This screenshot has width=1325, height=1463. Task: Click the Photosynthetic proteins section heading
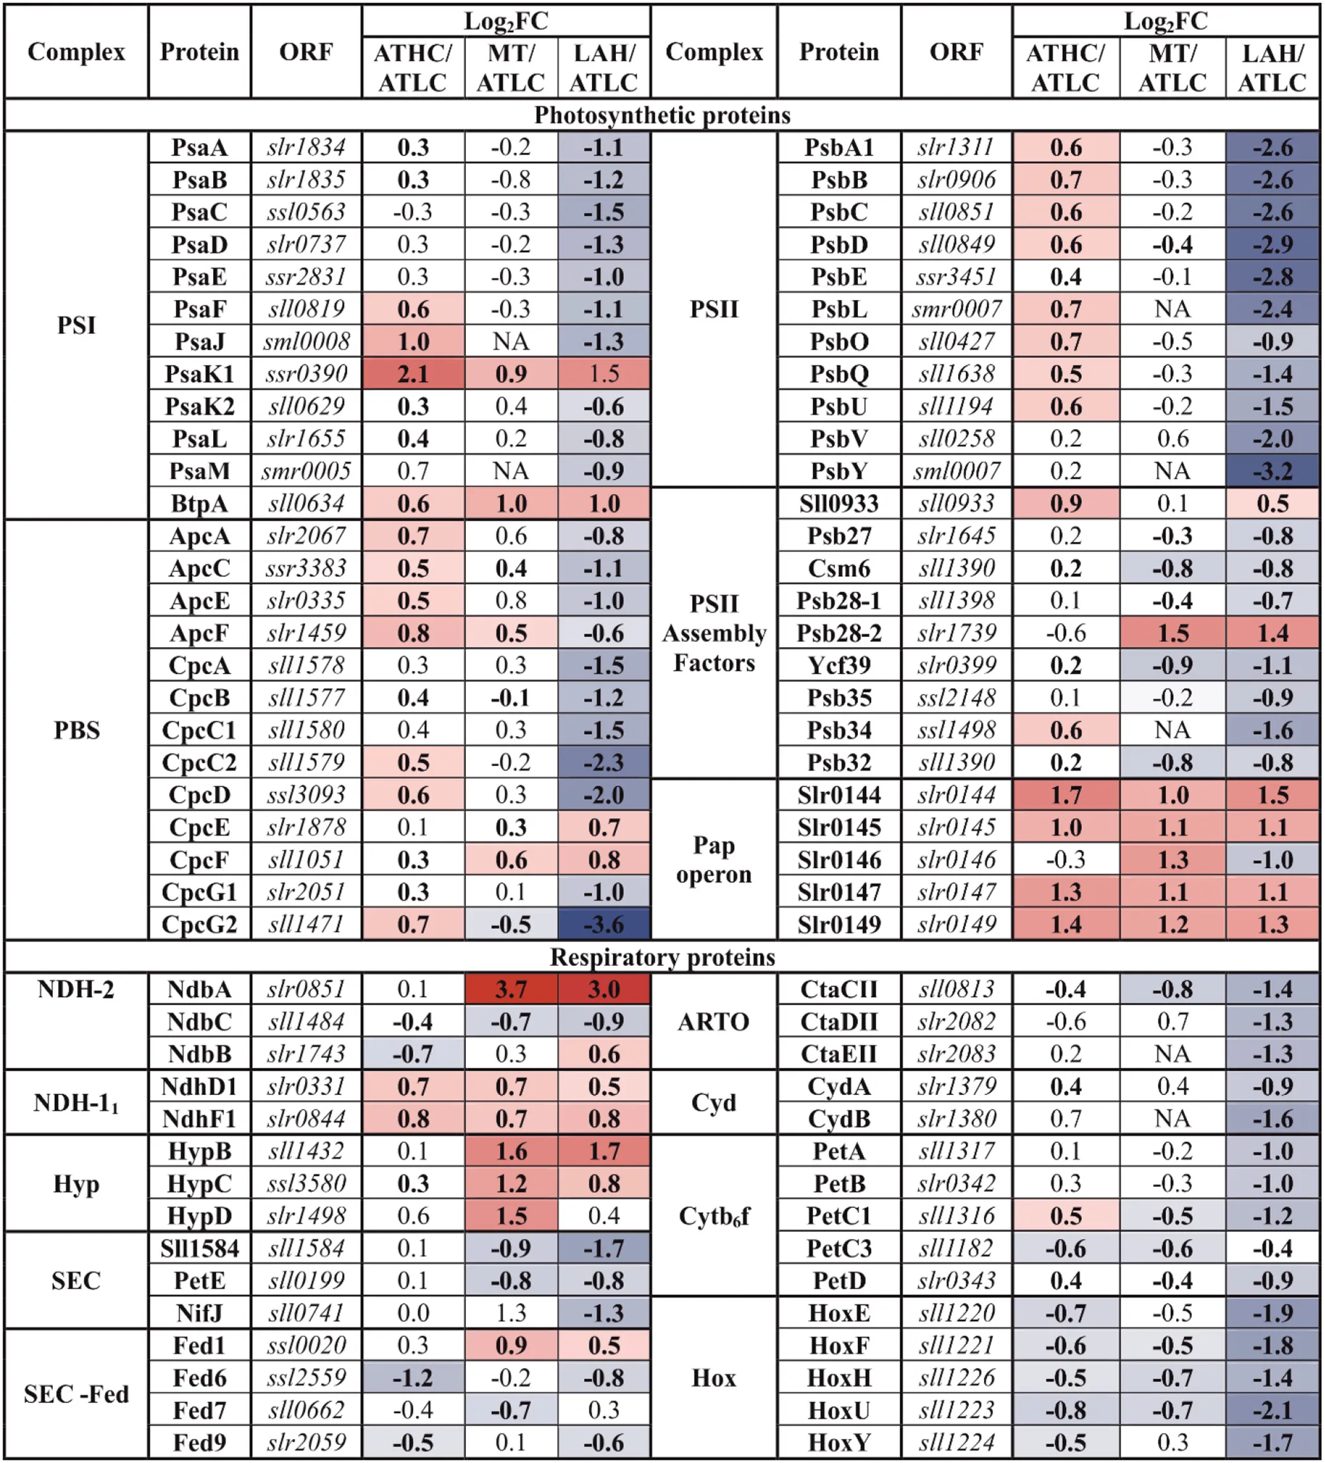pos(661,115)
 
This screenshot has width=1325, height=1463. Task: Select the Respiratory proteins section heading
pos(661,957)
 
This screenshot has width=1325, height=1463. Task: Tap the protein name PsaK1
pos(200,374)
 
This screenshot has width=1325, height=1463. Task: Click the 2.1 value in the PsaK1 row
pos(412,374)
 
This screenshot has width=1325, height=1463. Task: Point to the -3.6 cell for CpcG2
pos(603,924)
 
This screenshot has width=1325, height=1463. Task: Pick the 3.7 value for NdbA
pos(511,989)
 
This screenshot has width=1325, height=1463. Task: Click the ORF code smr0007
pos(956,309)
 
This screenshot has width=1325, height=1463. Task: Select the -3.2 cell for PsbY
pos(1272,471)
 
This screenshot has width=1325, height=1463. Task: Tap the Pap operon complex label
pos(714,860)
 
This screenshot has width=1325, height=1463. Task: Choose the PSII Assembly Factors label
pos(714,633)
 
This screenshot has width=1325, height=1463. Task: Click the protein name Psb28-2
pos(838,633)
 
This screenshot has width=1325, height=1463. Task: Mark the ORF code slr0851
pos(306,989)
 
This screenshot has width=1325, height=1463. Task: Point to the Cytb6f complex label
pos(714,1216)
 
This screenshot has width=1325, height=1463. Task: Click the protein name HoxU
pos(838,1410)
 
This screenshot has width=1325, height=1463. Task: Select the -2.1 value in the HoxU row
pos(1272,1410)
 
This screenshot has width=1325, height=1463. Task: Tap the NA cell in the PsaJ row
pos(511,341)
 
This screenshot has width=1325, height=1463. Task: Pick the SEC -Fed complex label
pos(76,1394)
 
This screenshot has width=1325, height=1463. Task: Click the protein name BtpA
pos(200,503)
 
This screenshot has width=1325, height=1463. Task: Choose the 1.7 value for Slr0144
pos(1065,795)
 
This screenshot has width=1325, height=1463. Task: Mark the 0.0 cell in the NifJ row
pos(412,1313)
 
